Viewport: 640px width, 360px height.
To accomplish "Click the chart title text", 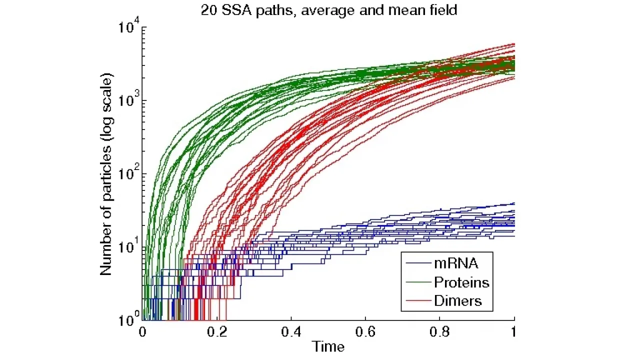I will pos(328,10).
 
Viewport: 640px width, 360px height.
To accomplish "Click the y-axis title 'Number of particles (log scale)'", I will pos(106,174).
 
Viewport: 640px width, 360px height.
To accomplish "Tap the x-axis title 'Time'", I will pos(328,346).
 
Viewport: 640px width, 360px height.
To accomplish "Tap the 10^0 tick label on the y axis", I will pos(129,320).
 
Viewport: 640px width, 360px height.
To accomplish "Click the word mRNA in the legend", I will pos(455,263).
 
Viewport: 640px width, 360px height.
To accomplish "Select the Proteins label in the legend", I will pos(461,282).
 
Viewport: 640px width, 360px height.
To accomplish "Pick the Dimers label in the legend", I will pos(457,300).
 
